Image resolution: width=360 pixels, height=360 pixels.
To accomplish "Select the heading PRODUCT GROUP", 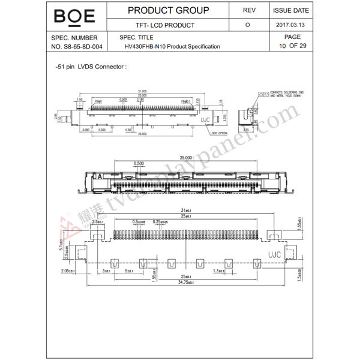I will [169, 10].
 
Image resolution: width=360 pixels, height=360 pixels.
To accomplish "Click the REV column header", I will [248, 10].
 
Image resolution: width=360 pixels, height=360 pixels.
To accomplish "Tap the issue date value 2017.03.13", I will [291, 25].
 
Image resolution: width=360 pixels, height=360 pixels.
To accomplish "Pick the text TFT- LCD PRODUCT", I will [157, 25].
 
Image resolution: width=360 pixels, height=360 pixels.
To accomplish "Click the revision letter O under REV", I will [248, 25].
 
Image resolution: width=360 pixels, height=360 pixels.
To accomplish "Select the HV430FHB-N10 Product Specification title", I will [172, 46].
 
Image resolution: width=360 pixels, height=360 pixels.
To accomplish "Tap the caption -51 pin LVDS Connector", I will [91, 67].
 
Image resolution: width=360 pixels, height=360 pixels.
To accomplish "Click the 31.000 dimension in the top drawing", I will [142, 91].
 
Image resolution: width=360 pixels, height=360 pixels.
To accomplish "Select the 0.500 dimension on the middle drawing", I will [139, 163].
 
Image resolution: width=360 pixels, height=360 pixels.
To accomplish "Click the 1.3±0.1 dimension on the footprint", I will [220, 271].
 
